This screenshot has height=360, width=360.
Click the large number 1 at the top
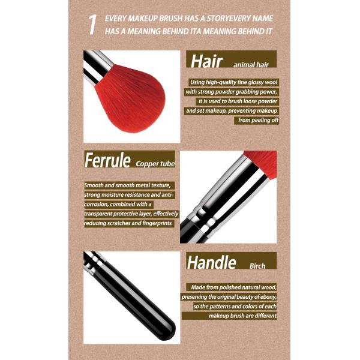point(92,25)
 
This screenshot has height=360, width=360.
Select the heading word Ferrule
point(107,160)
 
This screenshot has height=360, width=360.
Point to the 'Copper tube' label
point(154,163)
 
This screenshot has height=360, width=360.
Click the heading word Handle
point(211,262)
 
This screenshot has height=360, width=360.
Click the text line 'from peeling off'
point(259,120)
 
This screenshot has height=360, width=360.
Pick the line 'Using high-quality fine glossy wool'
point(233,82)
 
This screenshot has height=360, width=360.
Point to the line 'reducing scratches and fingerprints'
point(129,223)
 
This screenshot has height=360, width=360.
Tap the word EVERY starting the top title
point(118,18)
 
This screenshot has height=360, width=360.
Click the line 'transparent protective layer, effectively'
point(131,214)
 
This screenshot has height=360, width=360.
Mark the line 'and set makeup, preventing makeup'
point(232,110)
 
